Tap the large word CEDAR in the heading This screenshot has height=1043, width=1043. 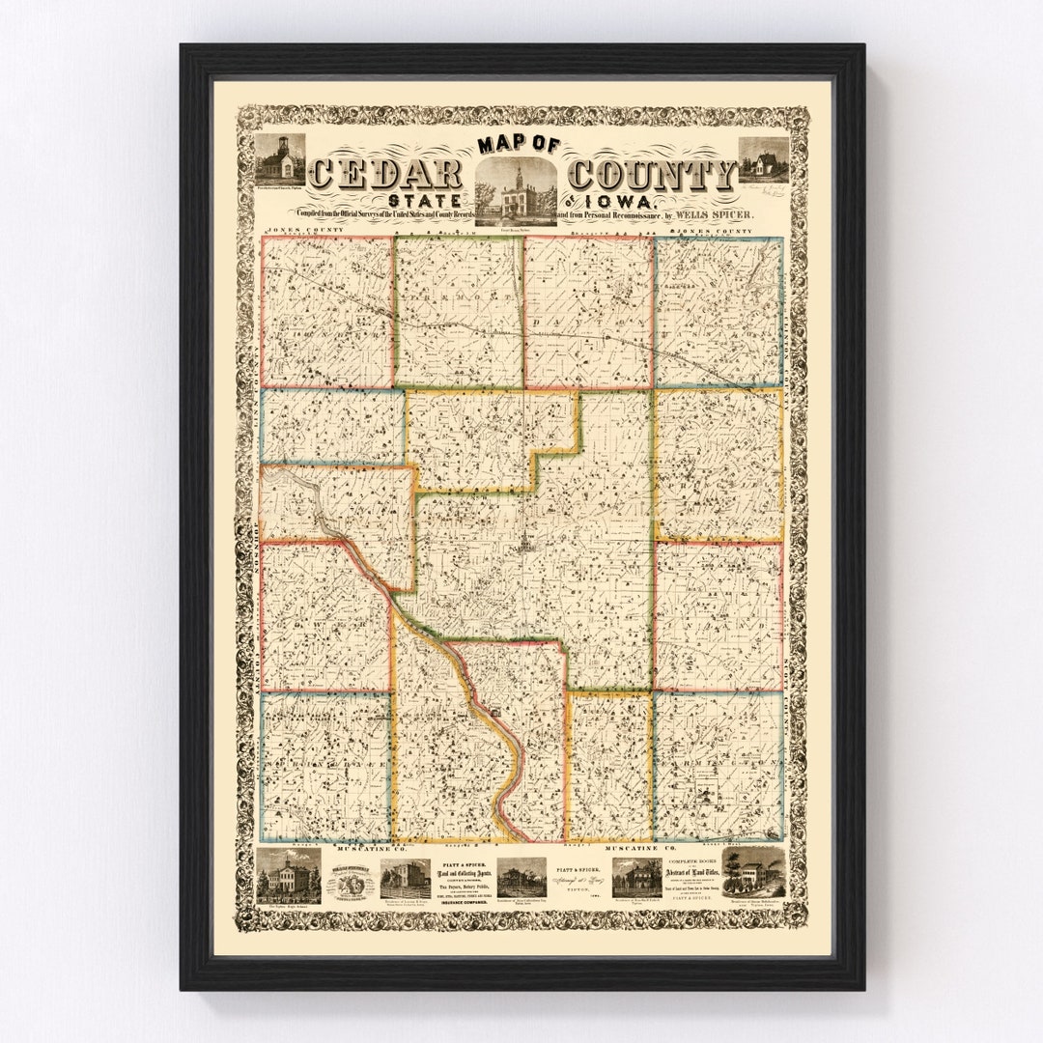click(x=385, y=175)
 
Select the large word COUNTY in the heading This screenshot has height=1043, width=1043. click(x=652, y=175)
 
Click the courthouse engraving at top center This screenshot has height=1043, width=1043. click(x=515, y=191)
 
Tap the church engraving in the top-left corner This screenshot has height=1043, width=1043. click(x=279, y=158)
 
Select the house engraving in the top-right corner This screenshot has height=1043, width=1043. click(x=763, y=159)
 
